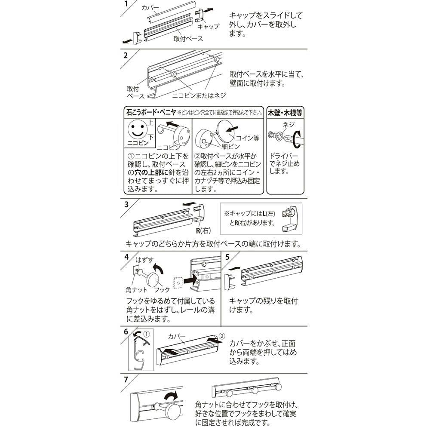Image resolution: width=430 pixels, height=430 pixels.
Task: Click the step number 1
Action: coord(126,4)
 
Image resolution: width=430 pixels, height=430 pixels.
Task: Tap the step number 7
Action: coord(126,380)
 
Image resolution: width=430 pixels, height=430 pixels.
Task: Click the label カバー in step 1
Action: coord(150,8)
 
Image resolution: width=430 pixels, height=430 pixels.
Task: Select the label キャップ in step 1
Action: coord(209,27)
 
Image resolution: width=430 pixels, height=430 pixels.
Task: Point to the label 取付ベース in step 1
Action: coord(188,39)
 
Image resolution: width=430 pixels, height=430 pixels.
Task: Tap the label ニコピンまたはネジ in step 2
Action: coord(199,95)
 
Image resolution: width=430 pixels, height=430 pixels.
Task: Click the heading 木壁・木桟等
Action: coord(285,113)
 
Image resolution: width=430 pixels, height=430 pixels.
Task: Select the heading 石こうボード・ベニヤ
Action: coord(151,112)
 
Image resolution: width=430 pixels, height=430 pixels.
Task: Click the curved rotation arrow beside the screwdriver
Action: coord(297,139)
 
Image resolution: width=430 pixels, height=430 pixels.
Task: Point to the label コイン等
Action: coord(248,138)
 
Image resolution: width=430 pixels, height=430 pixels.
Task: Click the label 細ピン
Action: coord(230,147)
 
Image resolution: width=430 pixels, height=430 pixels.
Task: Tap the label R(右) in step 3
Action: coord(203,230)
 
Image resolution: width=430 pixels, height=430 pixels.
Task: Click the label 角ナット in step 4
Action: coord(137,289)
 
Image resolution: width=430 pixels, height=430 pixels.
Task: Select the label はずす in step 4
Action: coord(144,259)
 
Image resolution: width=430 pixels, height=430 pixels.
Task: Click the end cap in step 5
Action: coord(230,282)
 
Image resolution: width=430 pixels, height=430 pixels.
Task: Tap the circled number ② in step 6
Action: coord(222,336)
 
